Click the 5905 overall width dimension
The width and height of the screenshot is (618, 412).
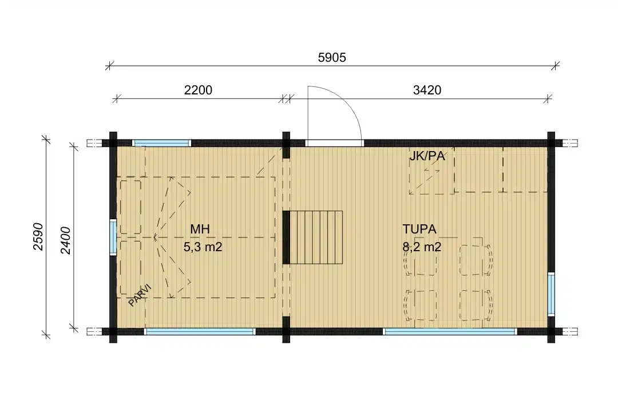coord(332,58)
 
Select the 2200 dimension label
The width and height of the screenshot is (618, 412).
coord(198,90)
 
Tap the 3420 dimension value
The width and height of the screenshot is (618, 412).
coord(427,90)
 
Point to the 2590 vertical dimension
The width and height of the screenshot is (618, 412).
coord(38,236)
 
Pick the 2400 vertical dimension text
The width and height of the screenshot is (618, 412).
coord(65,240)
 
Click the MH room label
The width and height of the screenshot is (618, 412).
coord(200,229)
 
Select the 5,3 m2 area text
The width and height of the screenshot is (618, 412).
coord(203,247)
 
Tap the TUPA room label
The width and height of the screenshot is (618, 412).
coord(419,229)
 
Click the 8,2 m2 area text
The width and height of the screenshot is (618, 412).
coord(422,247)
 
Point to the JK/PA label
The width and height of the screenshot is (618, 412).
coord(427,157)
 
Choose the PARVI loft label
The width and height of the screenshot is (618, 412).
coord(140,295)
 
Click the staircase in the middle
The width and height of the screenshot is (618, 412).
coord(316,237)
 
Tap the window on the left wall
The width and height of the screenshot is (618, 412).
coord(113,237)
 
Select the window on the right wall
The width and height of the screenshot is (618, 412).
coord(551,294)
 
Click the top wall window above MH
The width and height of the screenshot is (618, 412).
coord(160,143)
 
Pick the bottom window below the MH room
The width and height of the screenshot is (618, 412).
coord(200,331)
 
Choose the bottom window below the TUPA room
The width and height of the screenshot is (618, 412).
coord(450,331)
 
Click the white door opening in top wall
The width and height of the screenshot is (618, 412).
coord(334,143)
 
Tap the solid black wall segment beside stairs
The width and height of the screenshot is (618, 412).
coord(286,237)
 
